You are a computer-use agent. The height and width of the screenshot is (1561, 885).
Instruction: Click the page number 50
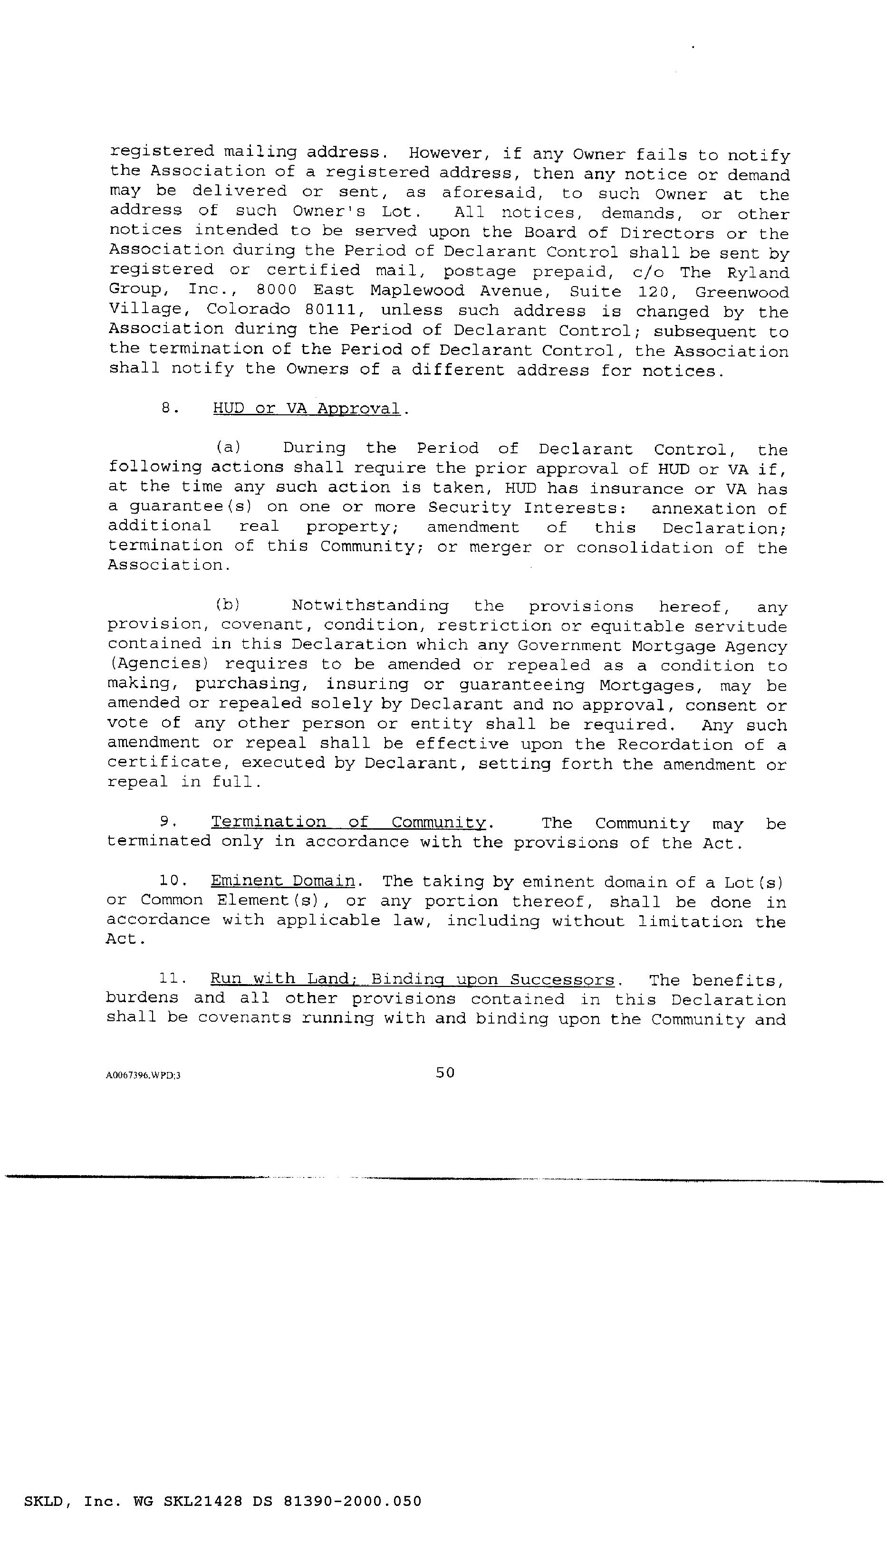[445, 1073]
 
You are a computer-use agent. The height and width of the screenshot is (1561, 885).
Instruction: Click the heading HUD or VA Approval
[307, 408]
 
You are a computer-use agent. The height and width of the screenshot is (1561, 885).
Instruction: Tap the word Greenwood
[742, 292]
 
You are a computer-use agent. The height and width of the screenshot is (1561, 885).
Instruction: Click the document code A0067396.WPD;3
[143, 1075]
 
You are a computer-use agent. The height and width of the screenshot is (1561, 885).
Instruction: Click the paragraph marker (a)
[229, 448]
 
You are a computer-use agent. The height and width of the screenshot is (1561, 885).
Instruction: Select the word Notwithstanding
[370, 606]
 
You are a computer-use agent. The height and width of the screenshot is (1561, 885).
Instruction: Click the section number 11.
[171, 978]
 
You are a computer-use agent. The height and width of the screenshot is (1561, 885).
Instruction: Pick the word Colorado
[248, 309]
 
